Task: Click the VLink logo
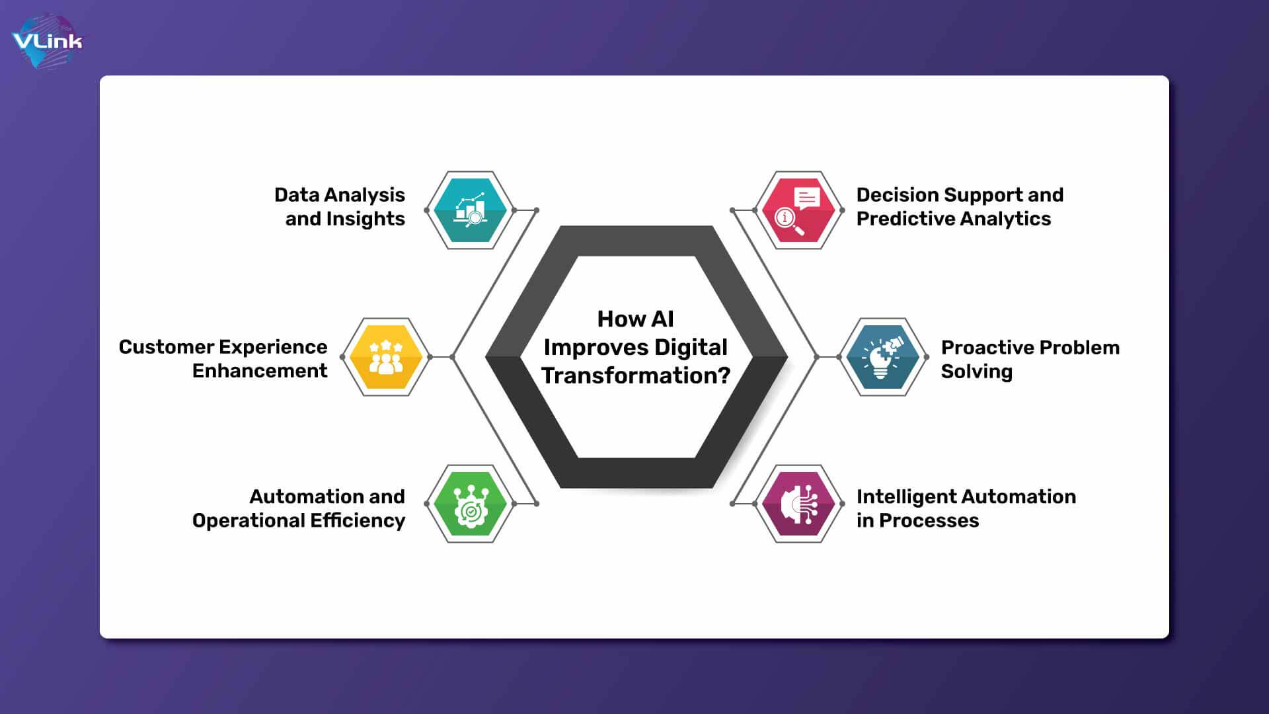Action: [x=48, y=42]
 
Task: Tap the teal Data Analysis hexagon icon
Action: [x=471, y=210]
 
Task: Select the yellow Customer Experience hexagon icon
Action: [x=386, y=357]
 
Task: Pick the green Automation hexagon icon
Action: [x=471, y=504]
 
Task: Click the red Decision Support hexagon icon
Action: [x=798, y=210]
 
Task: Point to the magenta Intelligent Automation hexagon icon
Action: [x=798, y=504]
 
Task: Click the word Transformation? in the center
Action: [x=636, y=376]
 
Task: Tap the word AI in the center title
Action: [x=662, y=319]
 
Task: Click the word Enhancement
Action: [x=260, y=371]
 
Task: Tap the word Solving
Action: [x=976, y=372]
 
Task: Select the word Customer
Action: [x=167, y=347]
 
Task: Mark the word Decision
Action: [x=898, y=195]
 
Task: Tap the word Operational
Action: [x=249, y=521]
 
